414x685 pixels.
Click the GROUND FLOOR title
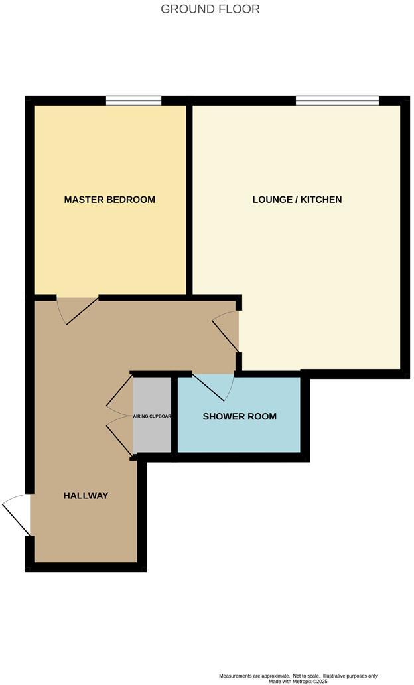[210, 9]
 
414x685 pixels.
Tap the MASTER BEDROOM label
[109, 200]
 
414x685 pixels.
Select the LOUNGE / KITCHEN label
[297, 200]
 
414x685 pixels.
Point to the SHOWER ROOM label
[240, 417]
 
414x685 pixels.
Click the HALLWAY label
[86, 496]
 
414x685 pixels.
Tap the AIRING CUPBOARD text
[153, 417]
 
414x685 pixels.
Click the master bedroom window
[133, 101]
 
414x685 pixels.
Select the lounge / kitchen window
[337, 101]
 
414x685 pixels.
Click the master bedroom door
[78, 311]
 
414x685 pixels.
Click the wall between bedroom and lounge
[189, 199]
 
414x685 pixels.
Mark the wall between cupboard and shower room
[174, 417]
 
